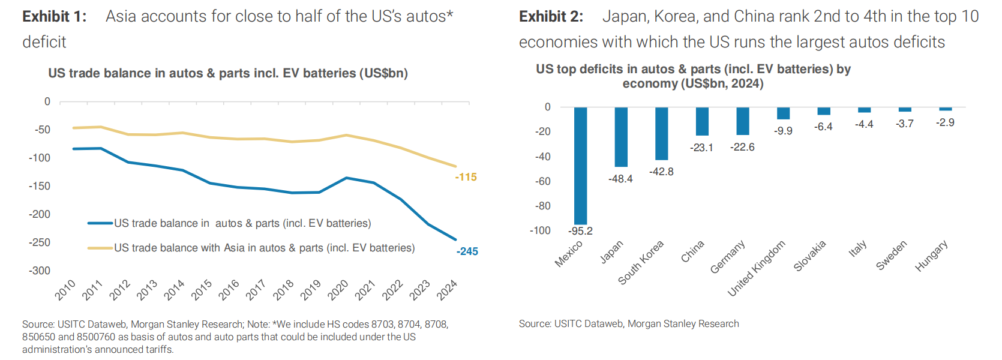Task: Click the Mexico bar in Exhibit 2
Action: click(580, 166)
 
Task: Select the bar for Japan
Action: click(621, 137)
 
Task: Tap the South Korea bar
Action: click(661, 133)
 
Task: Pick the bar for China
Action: click(702, 121)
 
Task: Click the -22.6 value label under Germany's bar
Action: click(742, 147)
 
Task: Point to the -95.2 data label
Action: click(580, 231)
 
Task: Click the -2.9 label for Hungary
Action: click(945, 122)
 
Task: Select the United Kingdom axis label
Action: click(757, 268)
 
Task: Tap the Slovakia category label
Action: click(810, 256)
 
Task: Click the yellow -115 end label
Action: click(466, 177)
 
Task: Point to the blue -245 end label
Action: click(467, 251)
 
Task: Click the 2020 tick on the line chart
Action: click(338, 290)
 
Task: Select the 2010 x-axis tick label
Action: click(65, 290)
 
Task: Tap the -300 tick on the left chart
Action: click(40, 271)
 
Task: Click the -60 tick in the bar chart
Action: click(542, 181)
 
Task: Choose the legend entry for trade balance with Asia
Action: click(264, 248)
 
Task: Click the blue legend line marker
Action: click(100, 223)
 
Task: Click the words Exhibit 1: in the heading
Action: click(55, 16)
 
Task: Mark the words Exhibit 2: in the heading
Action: click(551, 16)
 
